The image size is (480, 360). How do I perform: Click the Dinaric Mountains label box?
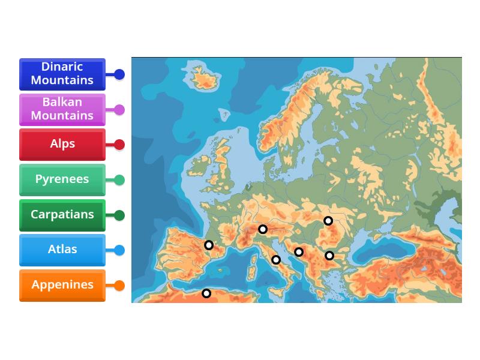tap(62, 74)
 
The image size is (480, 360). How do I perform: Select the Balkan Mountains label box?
tap(62, 109)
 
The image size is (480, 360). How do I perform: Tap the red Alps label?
tap(62, 145)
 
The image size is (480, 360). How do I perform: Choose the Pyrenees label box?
tap(62, 179)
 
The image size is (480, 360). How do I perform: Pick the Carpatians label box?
tap(62, 215)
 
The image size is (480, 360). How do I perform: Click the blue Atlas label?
tap(62, 250)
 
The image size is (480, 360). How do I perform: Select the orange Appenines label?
tap(62, 285)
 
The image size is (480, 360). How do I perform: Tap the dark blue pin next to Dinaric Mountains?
tap(119, 74)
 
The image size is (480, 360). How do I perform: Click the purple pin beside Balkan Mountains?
tap(119, 110)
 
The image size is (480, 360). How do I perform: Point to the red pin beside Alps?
tap(119, 145)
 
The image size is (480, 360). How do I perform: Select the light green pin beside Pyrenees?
tap(119, 180)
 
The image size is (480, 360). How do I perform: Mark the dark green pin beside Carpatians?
tap(119, 215)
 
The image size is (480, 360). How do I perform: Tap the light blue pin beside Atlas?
tap(119, 250)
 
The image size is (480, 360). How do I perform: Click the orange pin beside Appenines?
tap(119, 286)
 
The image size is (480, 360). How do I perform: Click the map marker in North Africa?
tap(206, 293)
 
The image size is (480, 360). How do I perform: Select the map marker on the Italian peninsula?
tap(276, 260)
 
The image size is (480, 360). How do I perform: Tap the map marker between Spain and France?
tap(209, 245)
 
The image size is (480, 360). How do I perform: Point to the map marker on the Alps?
tap(263, 229)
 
